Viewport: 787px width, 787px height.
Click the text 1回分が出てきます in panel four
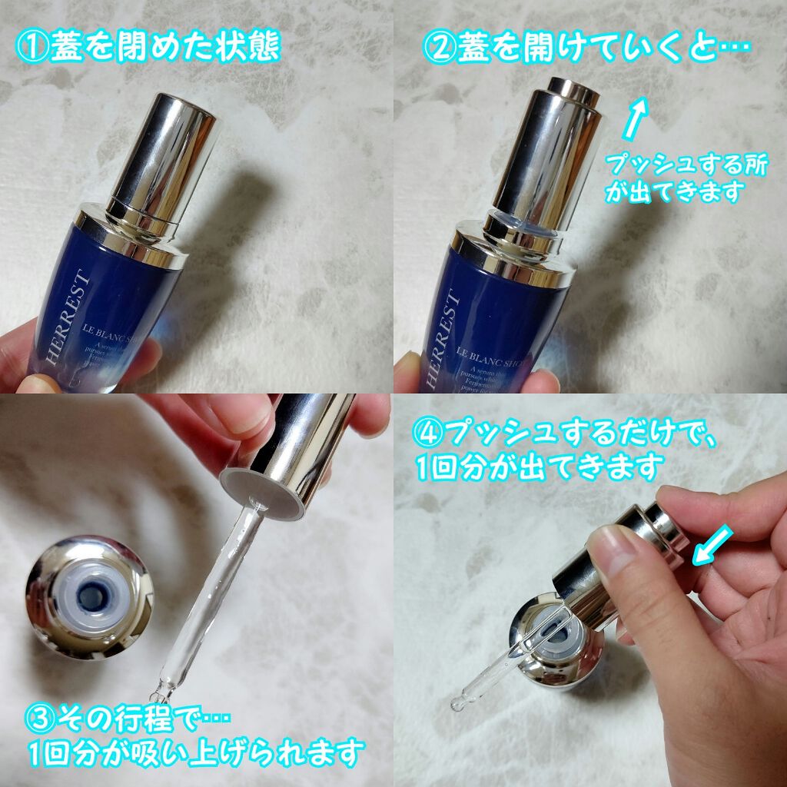[538, 465]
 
